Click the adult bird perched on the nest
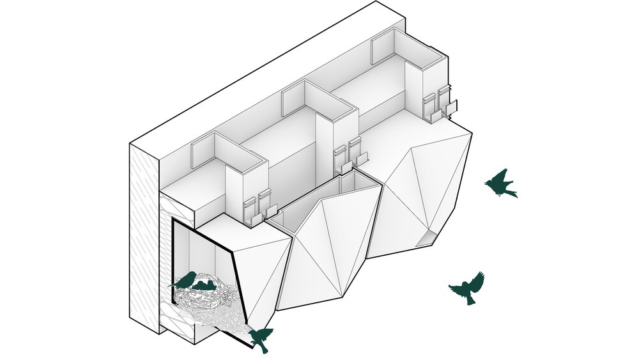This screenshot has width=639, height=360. (185, 280)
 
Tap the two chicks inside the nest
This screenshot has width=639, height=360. (204, 285)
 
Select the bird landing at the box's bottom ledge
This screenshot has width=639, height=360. (261, 338)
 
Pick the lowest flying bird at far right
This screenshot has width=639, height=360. (468, 288)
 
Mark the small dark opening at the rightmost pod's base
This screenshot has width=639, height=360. (427, 240)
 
